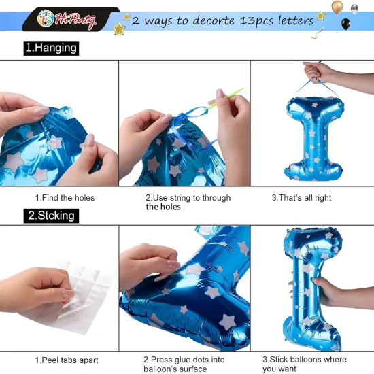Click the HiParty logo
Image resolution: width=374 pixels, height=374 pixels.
(x=67, y=20)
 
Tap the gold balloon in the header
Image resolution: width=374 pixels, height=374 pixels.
(x=337, y=7)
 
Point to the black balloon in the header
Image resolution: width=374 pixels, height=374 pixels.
(x=345, y=24)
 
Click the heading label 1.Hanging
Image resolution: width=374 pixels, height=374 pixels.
(x=51, y=48)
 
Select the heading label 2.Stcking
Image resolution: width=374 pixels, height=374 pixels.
(x=51, y=216)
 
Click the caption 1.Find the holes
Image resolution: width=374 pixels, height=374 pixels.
(x=65, y=198)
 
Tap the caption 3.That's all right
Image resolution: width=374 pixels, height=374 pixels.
(x=301, y=198)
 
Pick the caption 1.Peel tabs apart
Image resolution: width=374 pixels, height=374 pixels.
(x=67, y=360)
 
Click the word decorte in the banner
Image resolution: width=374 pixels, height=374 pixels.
(x=214, y=20)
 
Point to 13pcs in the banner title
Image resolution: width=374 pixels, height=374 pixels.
(x=256, y=21)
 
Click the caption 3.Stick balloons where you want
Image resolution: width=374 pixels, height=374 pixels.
(x=305, y=364)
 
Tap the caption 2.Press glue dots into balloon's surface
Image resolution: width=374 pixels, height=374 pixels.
(x=184, y=364)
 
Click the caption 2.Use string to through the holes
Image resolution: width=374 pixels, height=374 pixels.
(x=188, y=202)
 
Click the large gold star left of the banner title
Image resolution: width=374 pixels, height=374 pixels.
(x=119, y=29)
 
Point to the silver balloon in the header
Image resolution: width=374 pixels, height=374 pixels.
(x=354, y=9)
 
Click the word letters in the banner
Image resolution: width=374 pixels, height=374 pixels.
(x=296, y=21)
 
